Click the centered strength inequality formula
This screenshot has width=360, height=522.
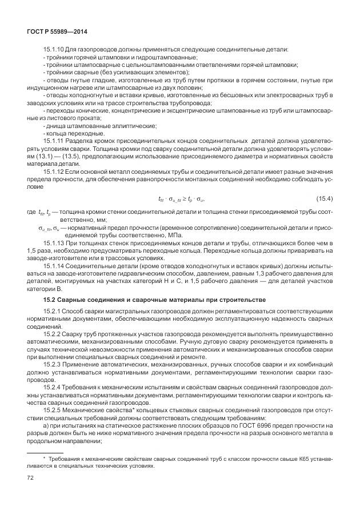click(181, 198)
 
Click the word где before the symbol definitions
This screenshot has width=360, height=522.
click(31, 213)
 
